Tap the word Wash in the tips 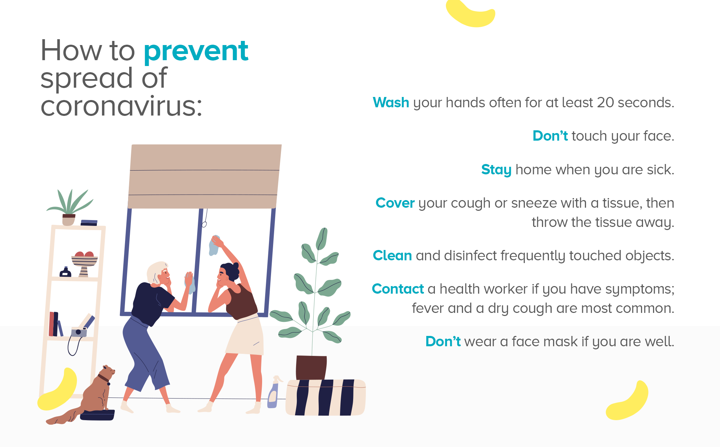coord(391,102)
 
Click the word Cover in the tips coord(395,203)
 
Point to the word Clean coord(392,255)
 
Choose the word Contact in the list coord(398,289)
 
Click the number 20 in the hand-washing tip coord(605,102)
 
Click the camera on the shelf coord(79,332)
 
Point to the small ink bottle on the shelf coord(65,272)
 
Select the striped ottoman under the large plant coord(325,397)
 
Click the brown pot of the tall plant coord(311,368)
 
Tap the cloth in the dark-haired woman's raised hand coord(214,246)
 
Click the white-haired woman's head coord(159,273)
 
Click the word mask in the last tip coord(561,342)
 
